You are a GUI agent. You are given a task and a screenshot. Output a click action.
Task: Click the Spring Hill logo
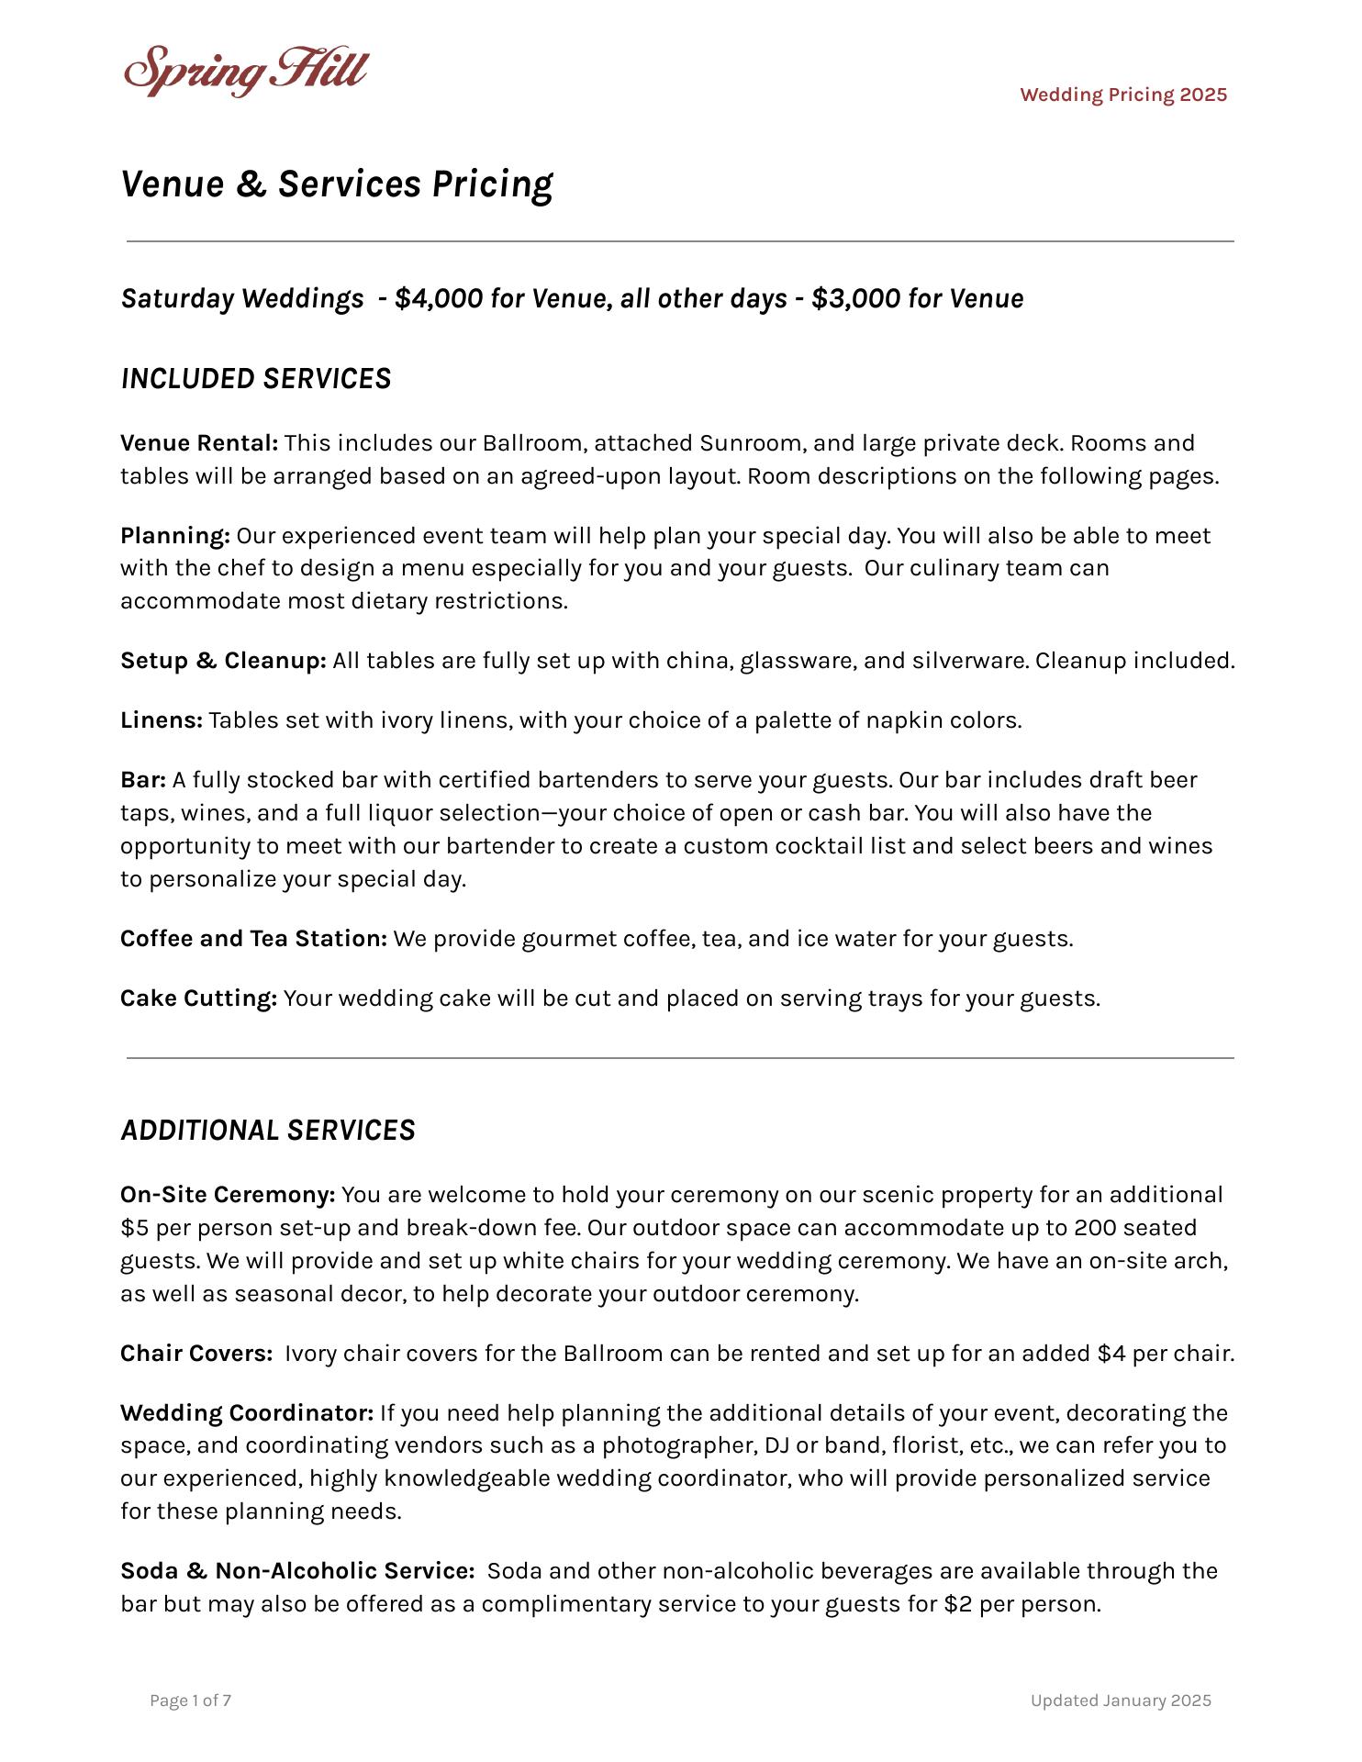(x=246, y=71)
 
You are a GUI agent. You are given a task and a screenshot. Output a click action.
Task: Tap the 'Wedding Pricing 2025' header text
(x=1123, y=95)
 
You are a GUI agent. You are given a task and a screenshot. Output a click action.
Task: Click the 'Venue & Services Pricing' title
(x=337, y=184)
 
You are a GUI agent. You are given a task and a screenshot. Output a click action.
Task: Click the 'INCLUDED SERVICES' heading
(x=256, y=379)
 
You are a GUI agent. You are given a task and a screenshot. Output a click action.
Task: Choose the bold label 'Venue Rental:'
(x=199, y=443)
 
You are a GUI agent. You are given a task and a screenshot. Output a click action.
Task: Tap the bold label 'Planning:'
(x=175, y=536)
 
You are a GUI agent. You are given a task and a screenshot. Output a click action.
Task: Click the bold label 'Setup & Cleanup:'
(x=223, y=661)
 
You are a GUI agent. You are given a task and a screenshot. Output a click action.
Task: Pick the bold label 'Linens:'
(x=162, y=720)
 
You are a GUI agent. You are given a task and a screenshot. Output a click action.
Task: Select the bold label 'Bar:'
(x=143, y=780)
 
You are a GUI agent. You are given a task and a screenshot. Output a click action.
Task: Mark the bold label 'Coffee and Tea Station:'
(x=253, y=939)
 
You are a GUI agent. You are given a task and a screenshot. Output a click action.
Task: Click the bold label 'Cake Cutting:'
(x=198, y=998)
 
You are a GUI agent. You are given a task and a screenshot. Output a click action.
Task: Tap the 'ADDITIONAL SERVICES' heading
(x=268, y=1130)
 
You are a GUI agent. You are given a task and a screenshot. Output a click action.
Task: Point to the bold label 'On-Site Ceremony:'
(x=228, y=1195)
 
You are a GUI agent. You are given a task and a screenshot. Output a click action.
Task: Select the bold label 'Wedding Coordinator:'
(x=247, y=1413)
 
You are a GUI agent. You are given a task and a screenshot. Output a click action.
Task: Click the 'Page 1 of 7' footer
(x=191, y=1701)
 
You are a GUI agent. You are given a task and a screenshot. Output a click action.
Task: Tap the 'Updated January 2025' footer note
(x=1121, y=1701)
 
